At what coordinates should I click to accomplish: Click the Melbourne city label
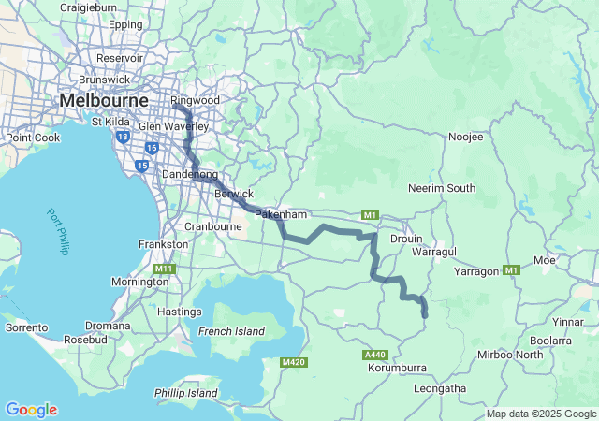[x=103, y=99]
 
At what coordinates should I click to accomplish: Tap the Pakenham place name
[x=281, y=214]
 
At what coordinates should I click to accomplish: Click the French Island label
[x=231, y=331]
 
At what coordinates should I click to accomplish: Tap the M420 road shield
[x=293, y=361]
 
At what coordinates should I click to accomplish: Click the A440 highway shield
[x=375, y=355]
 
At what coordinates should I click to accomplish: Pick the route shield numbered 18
[x=124, y=137]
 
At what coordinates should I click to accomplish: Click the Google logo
[x=31, y=410]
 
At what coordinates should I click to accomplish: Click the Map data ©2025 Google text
[x=541, y=414]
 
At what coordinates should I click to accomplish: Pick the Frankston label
[x=163, y=243]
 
